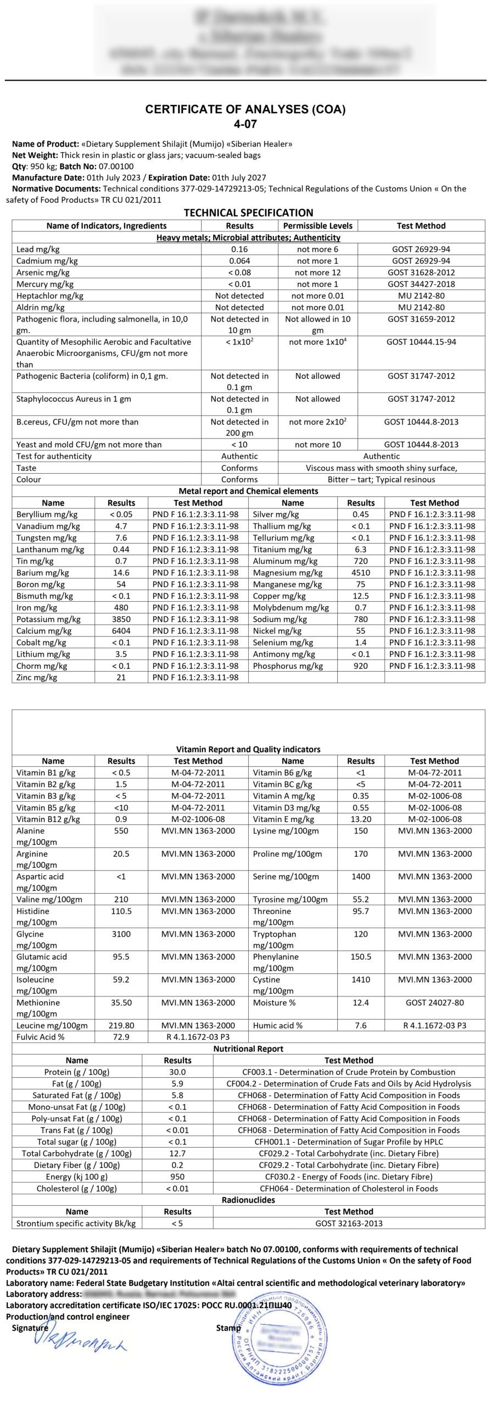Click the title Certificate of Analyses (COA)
(245, 109)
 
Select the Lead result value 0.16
(239, 249)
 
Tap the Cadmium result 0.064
(239, 261)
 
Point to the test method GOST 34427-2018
(421, 284)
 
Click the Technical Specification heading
(248, 213)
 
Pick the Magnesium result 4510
(361, 573)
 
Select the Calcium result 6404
(121, 631)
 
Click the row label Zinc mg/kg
(37, 678)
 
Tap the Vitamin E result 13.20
(361, 819)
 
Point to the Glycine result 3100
(121, 934)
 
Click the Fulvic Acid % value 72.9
(121, 1037)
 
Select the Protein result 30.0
(177, 1072)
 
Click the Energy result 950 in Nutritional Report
(177, 1177)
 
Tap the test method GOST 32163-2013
(349, 1223)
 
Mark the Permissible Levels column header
(317, 226)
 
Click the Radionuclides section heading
(248, 1200)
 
